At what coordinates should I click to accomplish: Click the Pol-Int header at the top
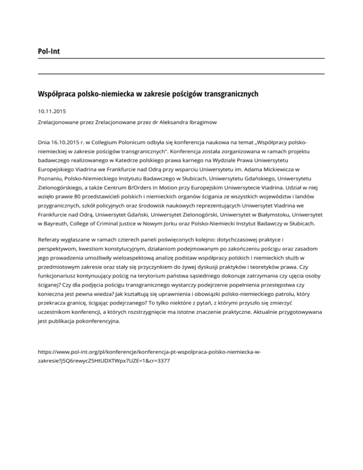pyautogui.click(x=50, y=50)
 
